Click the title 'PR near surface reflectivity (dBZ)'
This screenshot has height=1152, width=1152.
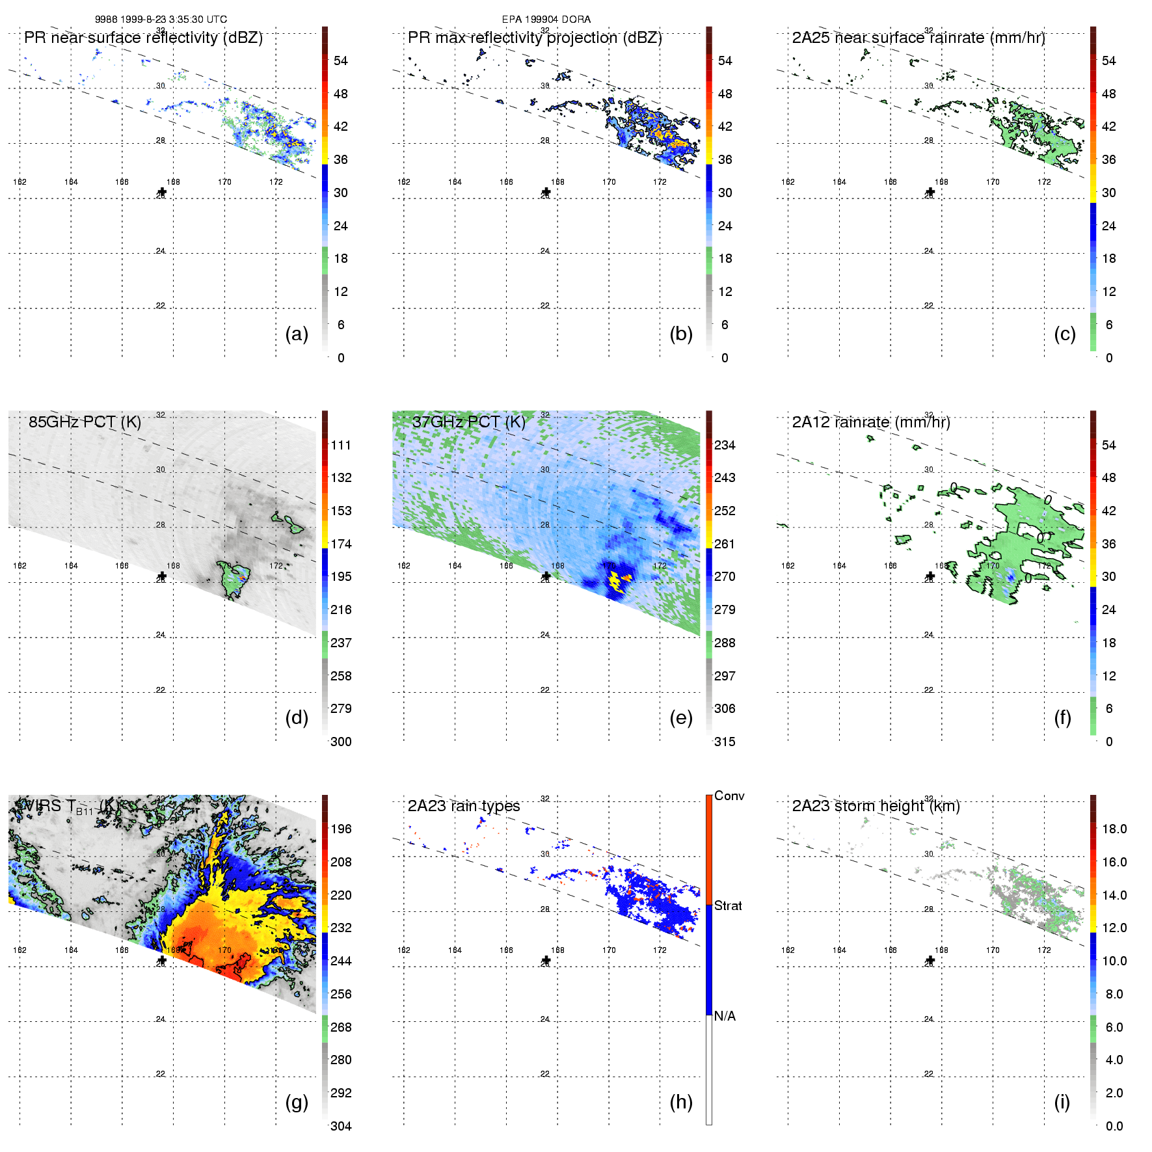[x=143, y=38]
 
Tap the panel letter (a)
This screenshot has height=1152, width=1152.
[x=297, y=334]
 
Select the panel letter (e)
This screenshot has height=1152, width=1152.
[x=681, y=717]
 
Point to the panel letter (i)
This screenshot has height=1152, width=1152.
[x=1062, y=1102]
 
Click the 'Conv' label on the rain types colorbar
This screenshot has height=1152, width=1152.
[x=729, y=796]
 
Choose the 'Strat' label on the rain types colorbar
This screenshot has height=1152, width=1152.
[x=728, y=905]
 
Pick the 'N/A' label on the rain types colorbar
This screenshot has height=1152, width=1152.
[x=725, y=1016]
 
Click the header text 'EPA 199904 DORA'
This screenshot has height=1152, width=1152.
[x=546, y=20]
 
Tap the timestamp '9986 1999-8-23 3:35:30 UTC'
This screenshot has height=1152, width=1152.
[x=161, y=20]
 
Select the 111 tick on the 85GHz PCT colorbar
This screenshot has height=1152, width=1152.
[x=341, y=445]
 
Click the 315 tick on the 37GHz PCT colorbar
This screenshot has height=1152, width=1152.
[x=725, y=742]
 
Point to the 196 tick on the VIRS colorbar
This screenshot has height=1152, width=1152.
[x=341, y=829]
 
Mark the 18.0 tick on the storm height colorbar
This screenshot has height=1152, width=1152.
[x=1114, y=829]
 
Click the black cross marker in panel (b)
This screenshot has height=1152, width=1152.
[x=546, y=193]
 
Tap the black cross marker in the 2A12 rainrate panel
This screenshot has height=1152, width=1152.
[x=930, y=576]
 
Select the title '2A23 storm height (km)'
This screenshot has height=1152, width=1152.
[x=876, y=806]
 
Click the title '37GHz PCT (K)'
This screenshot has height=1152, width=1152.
[x=468, y=422]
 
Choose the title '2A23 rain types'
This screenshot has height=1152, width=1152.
[x=464, y=806]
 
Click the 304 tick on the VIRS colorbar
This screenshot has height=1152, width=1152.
[x=341, y=1126]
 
